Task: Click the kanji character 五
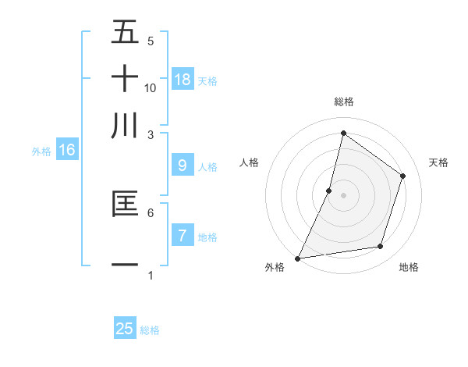coord(126,32)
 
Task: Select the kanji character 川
coord(126,126)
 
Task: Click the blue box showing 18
coord(182,79)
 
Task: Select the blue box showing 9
coord(182,166)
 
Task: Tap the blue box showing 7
coord(182,235)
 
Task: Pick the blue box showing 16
coord(67,150)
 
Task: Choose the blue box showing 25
coord(125,329)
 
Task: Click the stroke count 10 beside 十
coord(151,88)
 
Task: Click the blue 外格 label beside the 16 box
coord(41,151)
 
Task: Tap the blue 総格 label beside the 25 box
coord(151,330)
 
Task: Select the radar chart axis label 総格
coord(343,102)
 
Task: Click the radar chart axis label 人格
coord(250,162)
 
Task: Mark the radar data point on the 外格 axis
coord(297,258)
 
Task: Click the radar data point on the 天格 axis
coord(403,176)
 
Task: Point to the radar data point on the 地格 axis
coord(381,247)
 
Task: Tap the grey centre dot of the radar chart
coord(343,195)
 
